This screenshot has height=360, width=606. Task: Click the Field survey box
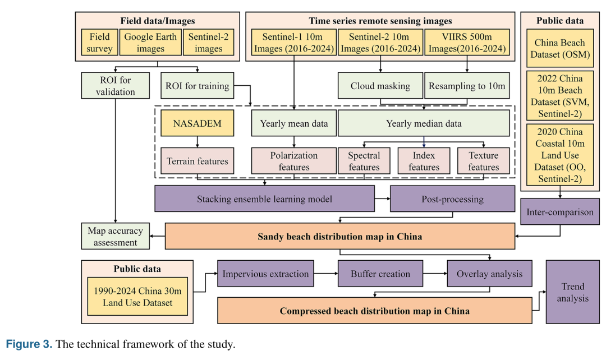click(100, 43)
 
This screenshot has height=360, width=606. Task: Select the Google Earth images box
click(150, 43)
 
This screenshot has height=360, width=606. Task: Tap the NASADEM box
click(197, 123)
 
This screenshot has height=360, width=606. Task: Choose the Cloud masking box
click(380, 86)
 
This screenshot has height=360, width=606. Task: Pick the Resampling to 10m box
click(467, 86)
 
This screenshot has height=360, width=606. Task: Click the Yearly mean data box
click(293, 123)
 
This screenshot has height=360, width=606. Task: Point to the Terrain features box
click(197, 161)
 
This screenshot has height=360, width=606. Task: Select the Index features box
click(424, 161)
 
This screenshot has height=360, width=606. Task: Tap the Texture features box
click(484, 161)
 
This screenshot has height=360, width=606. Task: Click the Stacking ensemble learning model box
click(264, 199)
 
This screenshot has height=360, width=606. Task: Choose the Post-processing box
click(453, 199)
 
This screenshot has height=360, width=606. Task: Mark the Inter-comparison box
click(560, 211)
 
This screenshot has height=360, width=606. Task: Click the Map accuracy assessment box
click(115, 236)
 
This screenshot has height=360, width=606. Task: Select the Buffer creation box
click(380, 274)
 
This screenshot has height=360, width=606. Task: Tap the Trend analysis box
click(573, 292)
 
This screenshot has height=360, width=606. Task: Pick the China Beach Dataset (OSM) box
click(560, 48)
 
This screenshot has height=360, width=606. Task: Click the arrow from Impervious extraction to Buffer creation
click(326, 274)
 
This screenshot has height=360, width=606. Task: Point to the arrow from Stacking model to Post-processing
click(382, 199)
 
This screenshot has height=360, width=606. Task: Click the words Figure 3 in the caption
click(29, 344)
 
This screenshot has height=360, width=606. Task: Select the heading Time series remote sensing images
click(380, 21)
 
